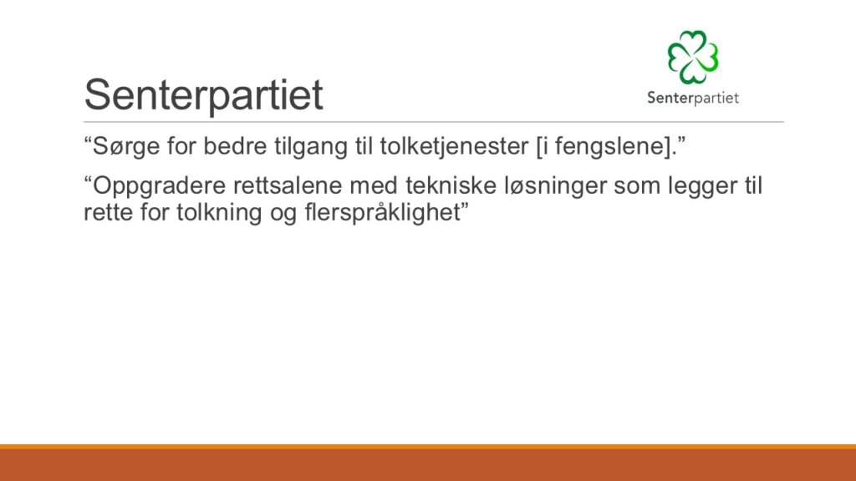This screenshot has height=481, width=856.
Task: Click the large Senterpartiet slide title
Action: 204,95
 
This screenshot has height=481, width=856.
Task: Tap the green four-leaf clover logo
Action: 693,57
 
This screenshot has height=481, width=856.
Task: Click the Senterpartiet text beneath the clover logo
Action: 693,99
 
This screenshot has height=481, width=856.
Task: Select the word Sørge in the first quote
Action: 127,147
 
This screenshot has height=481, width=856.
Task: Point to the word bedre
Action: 236,146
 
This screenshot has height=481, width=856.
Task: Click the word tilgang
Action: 311,147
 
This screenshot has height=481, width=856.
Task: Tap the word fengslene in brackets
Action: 609,147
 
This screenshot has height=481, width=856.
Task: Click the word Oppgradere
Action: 160,187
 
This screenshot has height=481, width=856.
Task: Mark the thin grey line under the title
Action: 434,122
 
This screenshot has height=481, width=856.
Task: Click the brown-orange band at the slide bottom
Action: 428,463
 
